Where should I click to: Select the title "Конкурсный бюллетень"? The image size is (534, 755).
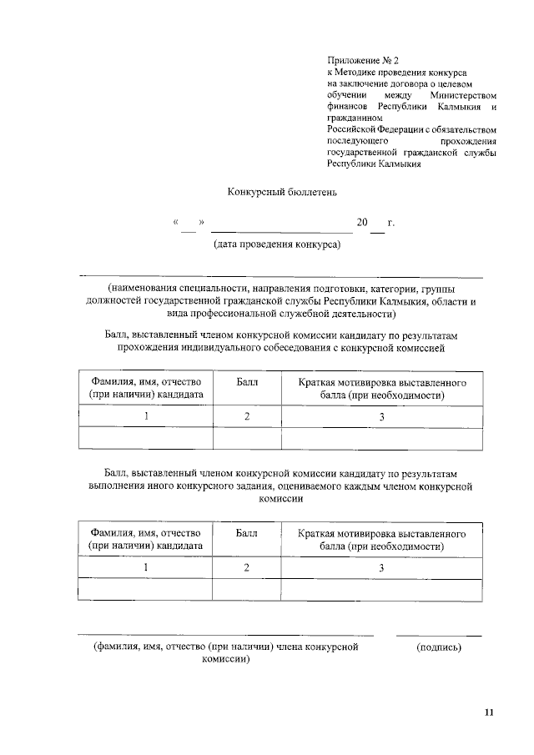(x=282, y=193)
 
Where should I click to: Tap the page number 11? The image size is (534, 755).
(x=489, y=712)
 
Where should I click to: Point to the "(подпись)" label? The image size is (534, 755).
(x=438, y=647)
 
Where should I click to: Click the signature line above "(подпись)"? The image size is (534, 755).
(x=438, y=636)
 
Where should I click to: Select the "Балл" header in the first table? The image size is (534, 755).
(x=247, y=381)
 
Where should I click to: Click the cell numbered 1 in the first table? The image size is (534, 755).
(x=145, y=416)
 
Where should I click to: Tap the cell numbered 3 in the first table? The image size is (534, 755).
(x=381, y=416)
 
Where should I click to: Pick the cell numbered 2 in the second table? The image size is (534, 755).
(x=247, y=567)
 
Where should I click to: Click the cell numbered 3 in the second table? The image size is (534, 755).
(x=381, y=567)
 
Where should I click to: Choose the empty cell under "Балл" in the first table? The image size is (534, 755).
(x=247, y=438)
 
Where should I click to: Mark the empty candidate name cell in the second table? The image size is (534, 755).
(x=145, y=589)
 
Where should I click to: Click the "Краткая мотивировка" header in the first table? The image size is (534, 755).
(x=381, y=388)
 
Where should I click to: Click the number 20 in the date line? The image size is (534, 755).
(x=362, y=223)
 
